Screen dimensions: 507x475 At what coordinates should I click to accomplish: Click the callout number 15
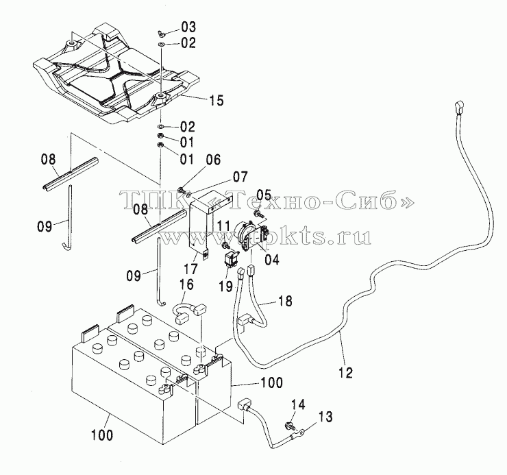coord(217,100)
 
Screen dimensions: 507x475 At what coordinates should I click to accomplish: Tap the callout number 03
coord(188,27)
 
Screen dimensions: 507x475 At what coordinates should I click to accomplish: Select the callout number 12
coord(345,372)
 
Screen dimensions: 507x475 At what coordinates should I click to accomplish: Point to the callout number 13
coord(325,417)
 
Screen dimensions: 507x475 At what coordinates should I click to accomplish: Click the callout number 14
coord(298,404)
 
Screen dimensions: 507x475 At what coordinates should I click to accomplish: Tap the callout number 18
coord(285,301)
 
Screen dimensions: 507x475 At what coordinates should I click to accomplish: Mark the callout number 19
coord(225,286)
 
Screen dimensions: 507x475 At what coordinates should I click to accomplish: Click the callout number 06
coord(213,160)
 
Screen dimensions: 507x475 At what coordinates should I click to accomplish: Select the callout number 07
coord(240,177)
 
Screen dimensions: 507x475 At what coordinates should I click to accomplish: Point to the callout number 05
coord(264,195)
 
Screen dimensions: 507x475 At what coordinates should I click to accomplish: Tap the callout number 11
coord(223,226)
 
